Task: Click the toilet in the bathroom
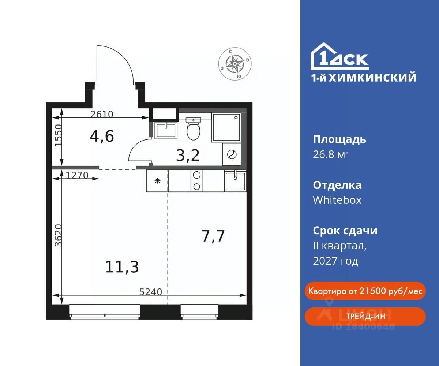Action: tap(194, 129)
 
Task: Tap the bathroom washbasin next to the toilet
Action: tap(166, 130)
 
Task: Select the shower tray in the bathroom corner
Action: tap(226, 127)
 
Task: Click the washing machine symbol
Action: tap(232, 154)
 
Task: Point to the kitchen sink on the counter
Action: tap(235, 181)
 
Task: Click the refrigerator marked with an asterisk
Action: tap(157, 181)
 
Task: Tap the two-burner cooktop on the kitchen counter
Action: tap(196, 181)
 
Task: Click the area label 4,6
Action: tap(102, 136)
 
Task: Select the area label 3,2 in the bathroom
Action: tap(188, 156)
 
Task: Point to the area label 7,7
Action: tap(213, 236)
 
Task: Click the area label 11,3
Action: tap(122, 267)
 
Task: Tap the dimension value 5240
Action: tap(151, 292)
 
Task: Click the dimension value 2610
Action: tap(102, 114)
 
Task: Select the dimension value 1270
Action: tap(77, 175)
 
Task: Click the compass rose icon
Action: tap(235, 64)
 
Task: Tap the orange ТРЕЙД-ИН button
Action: tap(365, 316)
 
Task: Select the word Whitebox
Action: tap(337, 200)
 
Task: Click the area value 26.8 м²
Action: tap(331, 154)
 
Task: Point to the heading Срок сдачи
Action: tap(345, 231)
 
